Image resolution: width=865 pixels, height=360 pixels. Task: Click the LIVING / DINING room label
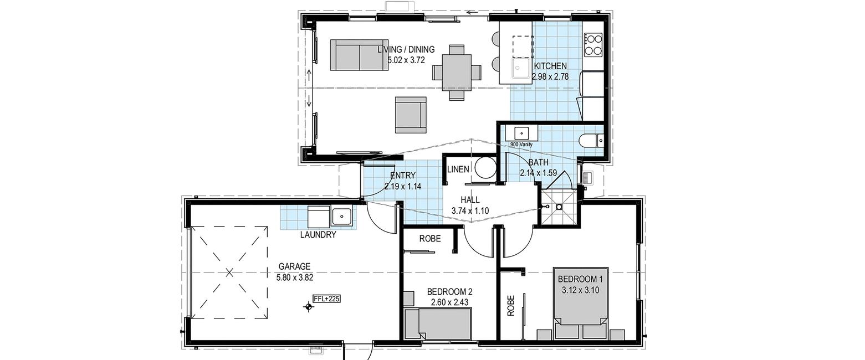(x=406, y=49)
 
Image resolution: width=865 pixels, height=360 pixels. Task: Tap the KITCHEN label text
(x=550, y=66)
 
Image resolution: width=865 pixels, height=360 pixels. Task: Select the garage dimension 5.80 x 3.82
(x=295, y=277)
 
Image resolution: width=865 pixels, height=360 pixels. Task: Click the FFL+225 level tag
(x=327, y=299)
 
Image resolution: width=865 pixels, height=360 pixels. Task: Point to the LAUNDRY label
(x=318, y=235)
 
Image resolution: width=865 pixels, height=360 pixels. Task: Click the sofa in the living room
(x=359, y=55)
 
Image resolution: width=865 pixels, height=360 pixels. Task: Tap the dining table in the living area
(x=457, y=73)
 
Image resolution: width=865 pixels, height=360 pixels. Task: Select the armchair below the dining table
(x=411, y=115)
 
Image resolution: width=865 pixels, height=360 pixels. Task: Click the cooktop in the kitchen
(x=593, y=45)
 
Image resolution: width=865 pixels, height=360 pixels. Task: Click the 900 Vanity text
(x=521, y=145)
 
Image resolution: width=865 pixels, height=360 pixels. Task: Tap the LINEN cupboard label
(x=458, y=169)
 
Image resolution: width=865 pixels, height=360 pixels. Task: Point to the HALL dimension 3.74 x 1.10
(x=470, y=210)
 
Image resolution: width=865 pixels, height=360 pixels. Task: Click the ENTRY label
(x=403, y=176)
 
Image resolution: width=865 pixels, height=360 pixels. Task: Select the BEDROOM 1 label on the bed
(x=580, y=279)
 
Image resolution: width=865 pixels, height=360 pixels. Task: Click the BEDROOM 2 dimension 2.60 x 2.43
(x=449, y=302)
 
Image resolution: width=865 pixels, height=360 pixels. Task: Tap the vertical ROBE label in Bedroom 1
(x=511, y=306)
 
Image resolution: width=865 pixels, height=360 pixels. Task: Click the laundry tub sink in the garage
(x=341, y=217)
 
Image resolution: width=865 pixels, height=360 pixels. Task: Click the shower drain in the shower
(x=559, y=207)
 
